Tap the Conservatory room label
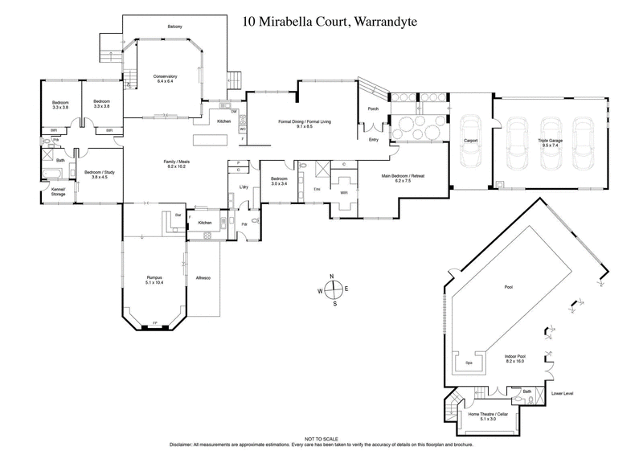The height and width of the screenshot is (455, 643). tap(165, 78)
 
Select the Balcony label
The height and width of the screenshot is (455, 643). tap(175, 27)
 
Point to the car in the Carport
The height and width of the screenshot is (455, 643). tap(471, 140)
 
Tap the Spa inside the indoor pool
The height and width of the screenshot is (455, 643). tap(470, 363)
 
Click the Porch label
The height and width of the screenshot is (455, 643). tap(373, 109)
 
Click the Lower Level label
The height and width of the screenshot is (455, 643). tap(563, 394)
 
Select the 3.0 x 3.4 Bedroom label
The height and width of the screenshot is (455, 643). tap(279, 180)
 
